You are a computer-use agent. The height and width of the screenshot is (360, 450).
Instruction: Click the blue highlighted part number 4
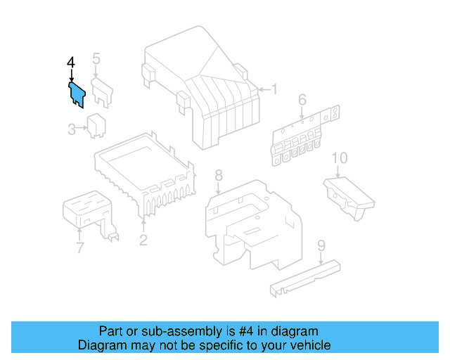tap(77, 94)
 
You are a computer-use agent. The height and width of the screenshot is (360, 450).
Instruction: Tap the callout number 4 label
tap(71, 63)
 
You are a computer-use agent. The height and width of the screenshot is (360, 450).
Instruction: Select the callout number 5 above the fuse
tap(96, 58)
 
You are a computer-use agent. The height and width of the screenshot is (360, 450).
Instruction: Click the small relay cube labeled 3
tap(96, 125)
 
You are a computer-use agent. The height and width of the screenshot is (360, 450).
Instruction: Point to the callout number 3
tap(72, 129)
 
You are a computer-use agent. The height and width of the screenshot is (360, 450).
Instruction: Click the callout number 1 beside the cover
tap(275, 89)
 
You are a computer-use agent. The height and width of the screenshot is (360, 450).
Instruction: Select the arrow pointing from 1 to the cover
tap(264, 90)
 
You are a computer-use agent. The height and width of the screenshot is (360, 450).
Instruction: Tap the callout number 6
tap(302, 100)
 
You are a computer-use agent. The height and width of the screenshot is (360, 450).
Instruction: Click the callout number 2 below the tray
tap(143, 240)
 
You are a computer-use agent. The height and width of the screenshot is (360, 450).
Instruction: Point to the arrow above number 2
tap(143, 226)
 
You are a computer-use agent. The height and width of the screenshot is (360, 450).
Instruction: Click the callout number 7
tap(79, 247)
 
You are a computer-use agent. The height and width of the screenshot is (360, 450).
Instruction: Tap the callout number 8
tap(219, 175)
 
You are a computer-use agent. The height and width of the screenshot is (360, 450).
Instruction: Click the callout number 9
tap(321, 245)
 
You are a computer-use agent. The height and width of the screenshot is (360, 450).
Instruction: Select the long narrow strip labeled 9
tap(305, 278)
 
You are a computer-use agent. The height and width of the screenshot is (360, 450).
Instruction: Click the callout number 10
tap(340, 158)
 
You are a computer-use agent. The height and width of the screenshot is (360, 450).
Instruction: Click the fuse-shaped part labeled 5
tap(102, 92)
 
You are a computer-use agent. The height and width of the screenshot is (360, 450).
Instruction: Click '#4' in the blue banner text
tap(246, 331)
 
